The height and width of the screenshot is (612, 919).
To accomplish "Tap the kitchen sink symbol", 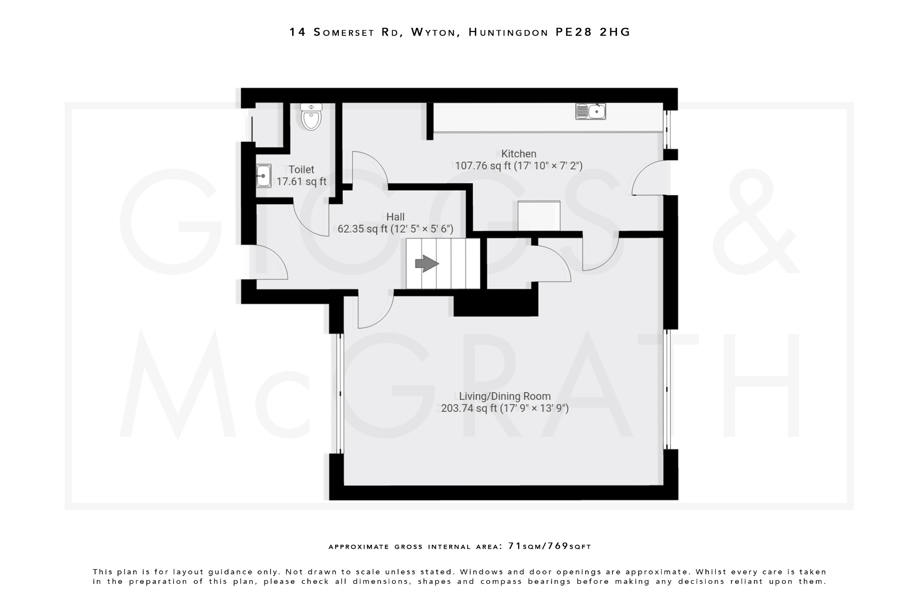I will point(591,111).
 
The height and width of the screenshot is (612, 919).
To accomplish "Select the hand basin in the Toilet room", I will point(263,175).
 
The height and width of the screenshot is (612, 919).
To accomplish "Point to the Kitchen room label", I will point(519,154).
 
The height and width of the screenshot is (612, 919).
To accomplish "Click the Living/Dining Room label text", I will point(504,396).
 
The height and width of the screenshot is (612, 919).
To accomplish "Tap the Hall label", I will point(395,217).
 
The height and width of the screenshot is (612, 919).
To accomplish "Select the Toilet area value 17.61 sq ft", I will point(301,182).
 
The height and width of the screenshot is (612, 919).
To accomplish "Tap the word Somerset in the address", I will point(344,32).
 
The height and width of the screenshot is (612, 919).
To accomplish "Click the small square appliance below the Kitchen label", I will point(539,216).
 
